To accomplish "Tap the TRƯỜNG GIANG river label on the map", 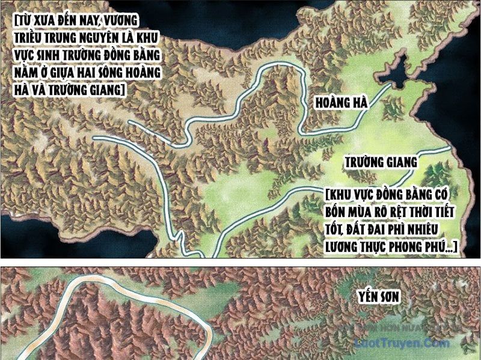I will (380, 163).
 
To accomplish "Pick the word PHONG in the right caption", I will (423, 247).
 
